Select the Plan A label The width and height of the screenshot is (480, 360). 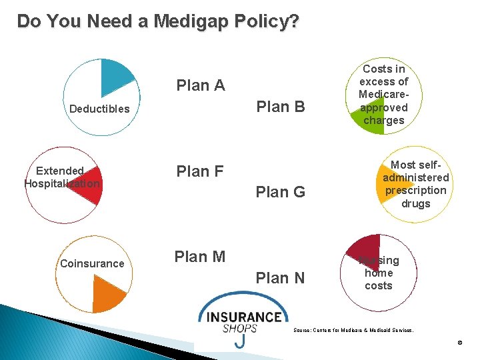pos(200,85)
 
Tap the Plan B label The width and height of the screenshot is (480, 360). pos(281,107)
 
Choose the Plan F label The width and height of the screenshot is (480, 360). pos(199,171)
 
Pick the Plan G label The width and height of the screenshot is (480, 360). pos(281,193)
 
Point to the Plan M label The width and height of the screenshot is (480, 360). pos(199,257)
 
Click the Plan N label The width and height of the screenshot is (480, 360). pos(281,278)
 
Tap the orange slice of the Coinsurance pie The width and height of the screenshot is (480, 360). pos(108,293)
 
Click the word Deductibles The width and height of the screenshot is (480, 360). pos(99,109)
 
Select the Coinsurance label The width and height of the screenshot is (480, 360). pos(92,263)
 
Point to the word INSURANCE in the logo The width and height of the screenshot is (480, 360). pos(244,317)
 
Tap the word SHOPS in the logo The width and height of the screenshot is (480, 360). pos(239,329)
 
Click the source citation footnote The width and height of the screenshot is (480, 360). pos(353,330)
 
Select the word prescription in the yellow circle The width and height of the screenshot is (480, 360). pos(415,190)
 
